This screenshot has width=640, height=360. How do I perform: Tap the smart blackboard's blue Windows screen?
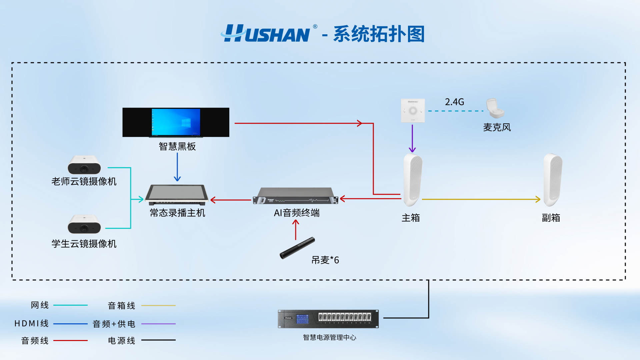click(176, 122)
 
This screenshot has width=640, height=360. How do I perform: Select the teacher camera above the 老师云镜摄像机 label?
click(84, 165)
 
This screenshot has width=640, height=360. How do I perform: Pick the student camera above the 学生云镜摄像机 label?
click(84, 224)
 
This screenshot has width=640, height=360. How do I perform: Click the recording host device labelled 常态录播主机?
click(177, 195)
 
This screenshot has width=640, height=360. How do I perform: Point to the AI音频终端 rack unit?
click(295, 196)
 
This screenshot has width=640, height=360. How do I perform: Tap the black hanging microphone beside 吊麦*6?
click(297, 248)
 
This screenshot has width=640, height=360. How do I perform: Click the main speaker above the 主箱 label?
click(412, 180)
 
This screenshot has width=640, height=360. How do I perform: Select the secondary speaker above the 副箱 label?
click(552, 180)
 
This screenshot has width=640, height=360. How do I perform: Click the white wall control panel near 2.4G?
click(413, 110)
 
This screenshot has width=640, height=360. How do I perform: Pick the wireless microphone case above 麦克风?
click(495, 108)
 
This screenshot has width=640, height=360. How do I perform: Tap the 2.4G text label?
click(454, 102)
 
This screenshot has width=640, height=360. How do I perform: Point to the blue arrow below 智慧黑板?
click(177, 167)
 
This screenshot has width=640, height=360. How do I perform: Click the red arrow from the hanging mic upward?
click(296, 230)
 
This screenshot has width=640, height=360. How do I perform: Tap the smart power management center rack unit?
click(328, 319)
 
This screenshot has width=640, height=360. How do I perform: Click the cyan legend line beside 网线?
click(70, 305)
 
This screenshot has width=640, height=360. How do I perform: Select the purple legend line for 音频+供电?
click(158, 324)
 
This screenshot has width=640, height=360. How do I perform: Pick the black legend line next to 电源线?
click(158, 340)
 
